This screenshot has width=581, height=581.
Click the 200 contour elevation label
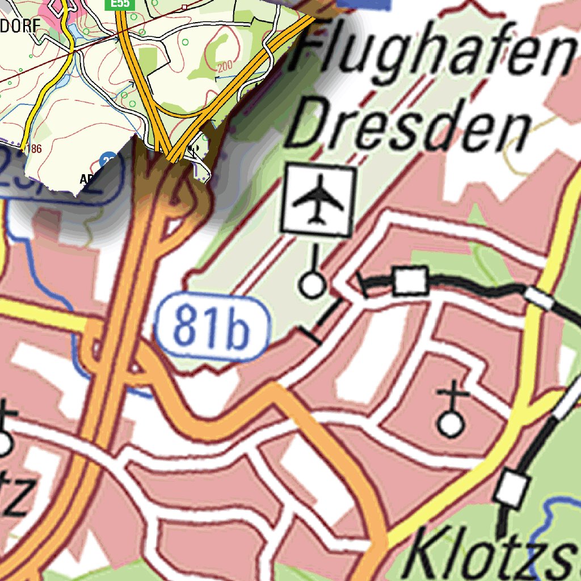225,67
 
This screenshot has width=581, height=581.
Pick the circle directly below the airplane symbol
312,284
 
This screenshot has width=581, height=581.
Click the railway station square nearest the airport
410,280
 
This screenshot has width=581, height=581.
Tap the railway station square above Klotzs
513,489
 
